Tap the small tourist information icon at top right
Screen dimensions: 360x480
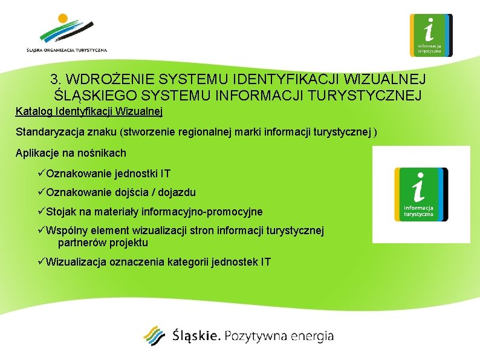coord(430,35)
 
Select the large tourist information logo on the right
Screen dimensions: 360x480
coord(421,194)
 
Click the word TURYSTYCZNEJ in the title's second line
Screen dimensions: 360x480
coord(369,96)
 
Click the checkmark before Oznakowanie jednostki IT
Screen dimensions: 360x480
coord(41,174)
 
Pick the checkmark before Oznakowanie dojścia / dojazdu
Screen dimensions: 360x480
coord(41,192)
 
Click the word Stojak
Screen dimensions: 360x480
coord(59,212)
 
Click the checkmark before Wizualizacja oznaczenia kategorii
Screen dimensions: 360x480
coord(41,262)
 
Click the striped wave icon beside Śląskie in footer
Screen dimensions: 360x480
coord(154,336)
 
